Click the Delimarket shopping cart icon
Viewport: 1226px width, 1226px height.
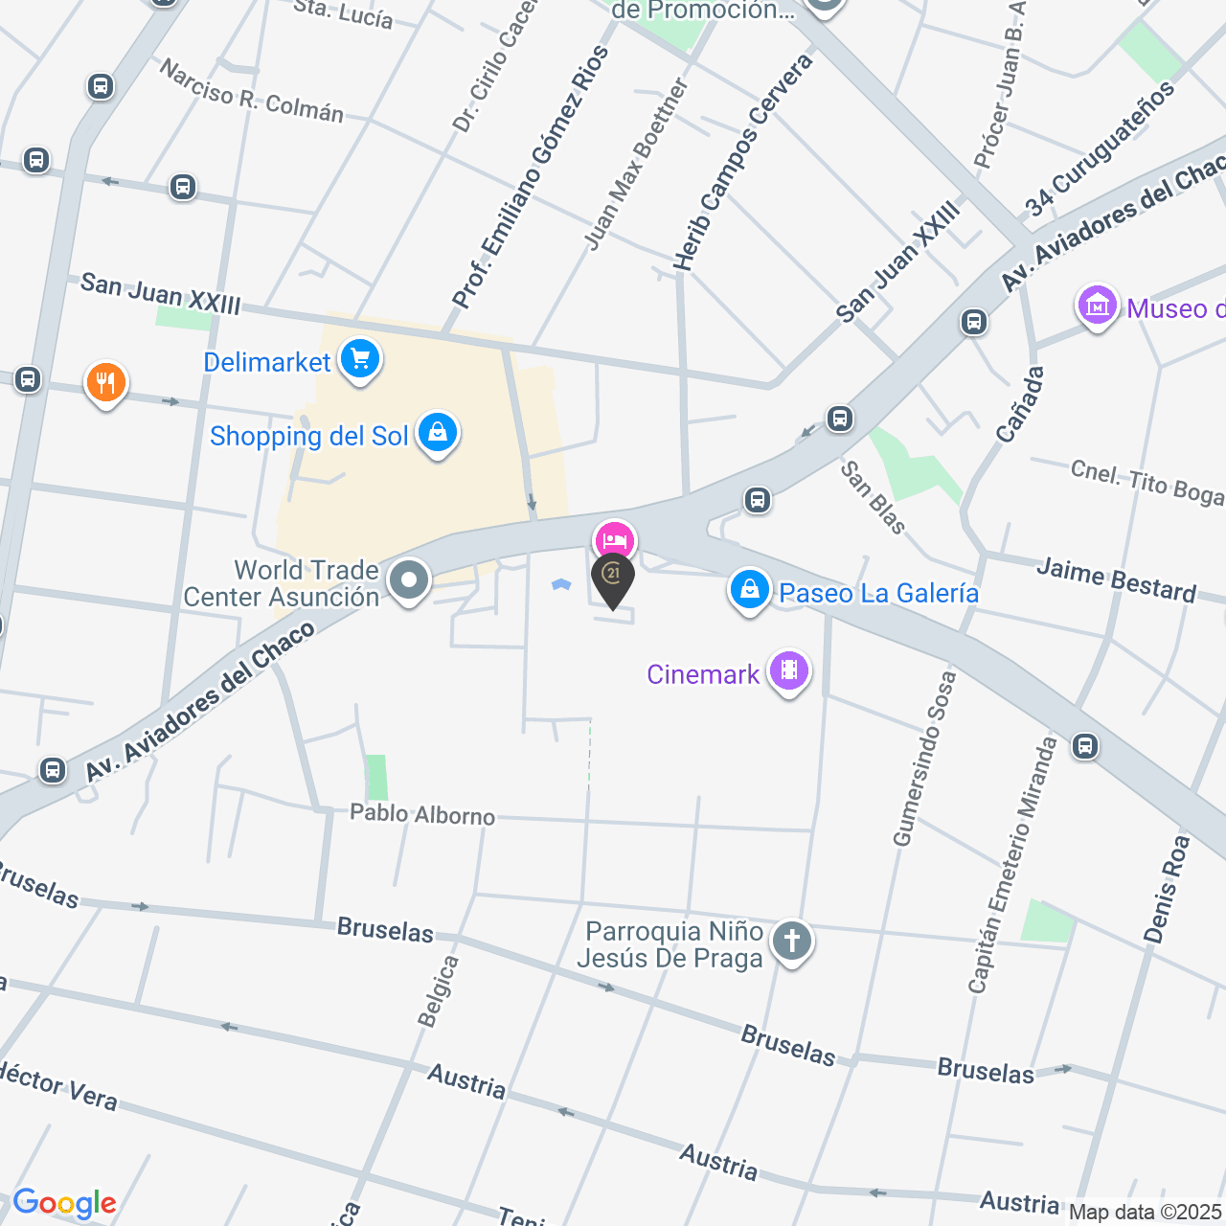(360, 360)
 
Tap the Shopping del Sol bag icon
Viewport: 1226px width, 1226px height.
(438, 433)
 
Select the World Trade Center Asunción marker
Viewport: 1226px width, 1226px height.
(409, 580)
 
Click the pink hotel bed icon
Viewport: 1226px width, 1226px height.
(614, 541)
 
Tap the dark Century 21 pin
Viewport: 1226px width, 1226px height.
(612, 577)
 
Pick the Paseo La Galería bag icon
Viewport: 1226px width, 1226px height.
(750, 590)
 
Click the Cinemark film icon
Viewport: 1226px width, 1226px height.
(789, 671)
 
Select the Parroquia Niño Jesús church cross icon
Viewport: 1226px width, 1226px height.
(792, 942)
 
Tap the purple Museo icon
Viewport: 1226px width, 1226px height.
(1098, 306)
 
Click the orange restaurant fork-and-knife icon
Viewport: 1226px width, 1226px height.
(106, 383)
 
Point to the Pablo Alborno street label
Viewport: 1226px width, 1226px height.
(422, 814)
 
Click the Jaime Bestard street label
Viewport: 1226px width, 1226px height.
(1116, 580)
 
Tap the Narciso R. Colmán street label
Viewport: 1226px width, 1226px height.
(251, 92)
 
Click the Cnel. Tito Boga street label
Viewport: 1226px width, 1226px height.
(1147, 482)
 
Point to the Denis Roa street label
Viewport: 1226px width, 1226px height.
(1167, 889)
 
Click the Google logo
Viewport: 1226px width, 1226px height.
(65, 1203)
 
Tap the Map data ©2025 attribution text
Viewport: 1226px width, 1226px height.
(1145, 1213)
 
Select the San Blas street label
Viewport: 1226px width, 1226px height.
(873, 497)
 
